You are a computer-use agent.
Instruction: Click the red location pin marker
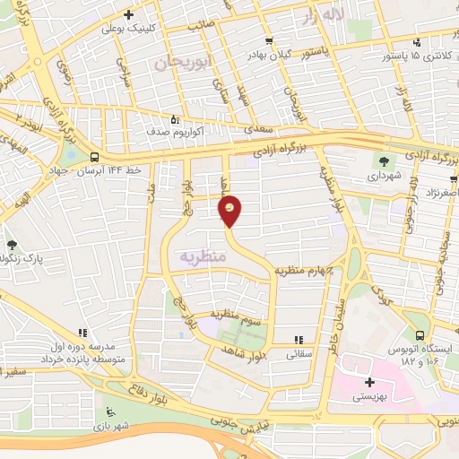tap(230, 211)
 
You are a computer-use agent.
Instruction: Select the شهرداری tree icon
tap(385, 162)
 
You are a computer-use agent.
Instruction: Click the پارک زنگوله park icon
tap(12, 245)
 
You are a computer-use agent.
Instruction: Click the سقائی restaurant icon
tap(299, 340)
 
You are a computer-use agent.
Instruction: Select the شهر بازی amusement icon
tap(111, 412)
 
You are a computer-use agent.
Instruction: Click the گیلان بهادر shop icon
tap(269, 41)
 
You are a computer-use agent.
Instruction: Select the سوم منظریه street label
tap(234, 315)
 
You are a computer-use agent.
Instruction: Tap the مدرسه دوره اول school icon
tap(83, 333)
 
